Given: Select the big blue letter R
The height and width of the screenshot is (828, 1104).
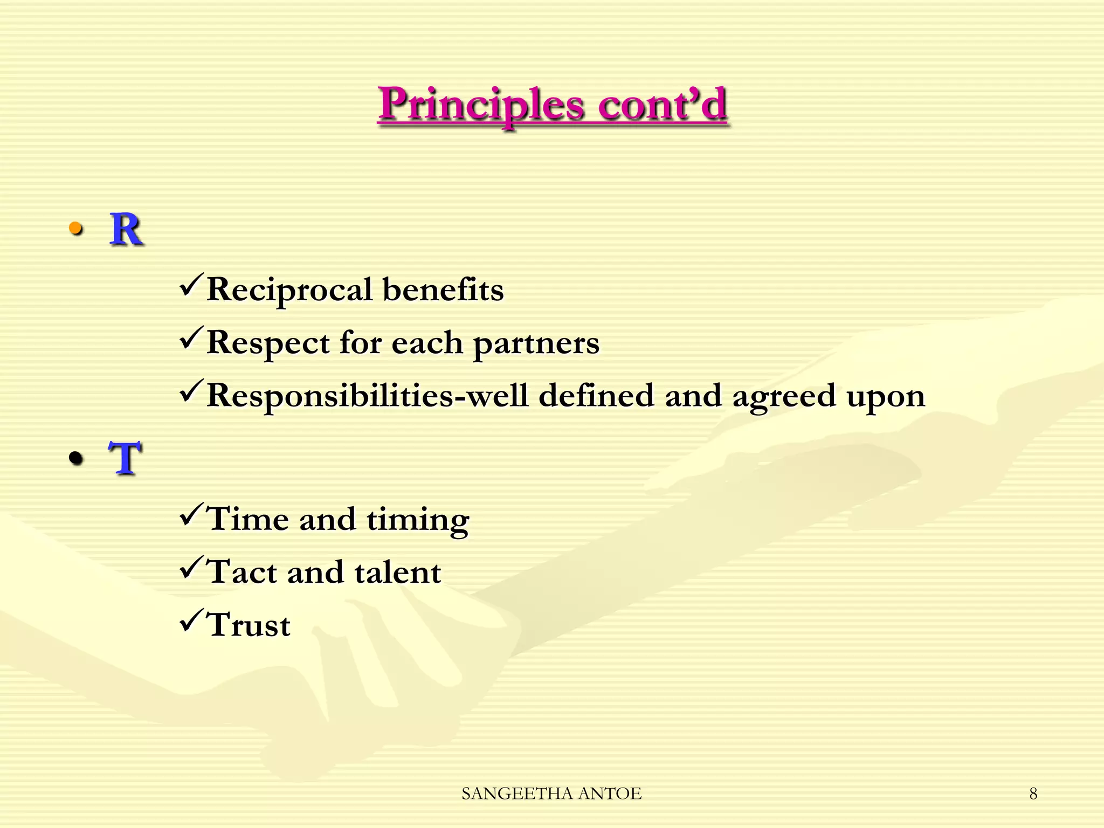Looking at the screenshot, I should click(x=126, y=230).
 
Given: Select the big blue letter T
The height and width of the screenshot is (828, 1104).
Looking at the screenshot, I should click(x=125, y=458).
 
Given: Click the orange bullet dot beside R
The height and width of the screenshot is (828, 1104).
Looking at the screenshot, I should click(x=76, y=230).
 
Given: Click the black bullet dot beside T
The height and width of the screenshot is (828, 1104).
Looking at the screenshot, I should click(x=76, y=459).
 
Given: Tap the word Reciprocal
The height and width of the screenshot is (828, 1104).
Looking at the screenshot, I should click(x=289, y=289).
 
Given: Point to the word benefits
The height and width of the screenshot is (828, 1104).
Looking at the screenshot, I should click(x=443, y=289).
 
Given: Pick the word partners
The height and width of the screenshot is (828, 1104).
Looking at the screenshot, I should click(x=536, y=343).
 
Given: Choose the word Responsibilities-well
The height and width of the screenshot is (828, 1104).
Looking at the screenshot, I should click(x=367, y=395).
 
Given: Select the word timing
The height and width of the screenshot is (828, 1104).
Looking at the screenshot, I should click(x=418, y=520).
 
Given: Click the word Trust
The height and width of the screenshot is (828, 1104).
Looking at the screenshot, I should click(x=249, y=625).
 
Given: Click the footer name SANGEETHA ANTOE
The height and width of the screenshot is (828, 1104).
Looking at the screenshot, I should click(x=551, y=793).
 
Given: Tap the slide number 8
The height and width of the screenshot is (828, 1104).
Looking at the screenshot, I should click(x=1033, y=793).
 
